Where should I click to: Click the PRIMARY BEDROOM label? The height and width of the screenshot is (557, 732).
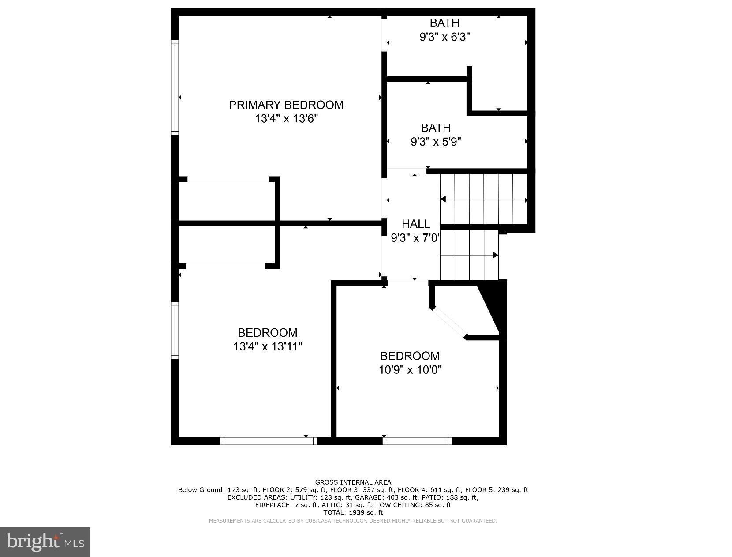286,105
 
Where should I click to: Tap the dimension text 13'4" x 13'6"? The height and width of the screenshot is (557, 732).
286,119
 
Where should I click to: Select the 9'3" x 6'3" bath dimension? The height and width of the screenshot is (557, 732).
444,37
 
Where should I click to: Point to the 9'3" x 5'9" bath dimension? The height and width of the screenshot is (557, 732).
436,142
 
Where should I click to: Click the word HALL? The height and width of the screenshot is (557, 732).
415,224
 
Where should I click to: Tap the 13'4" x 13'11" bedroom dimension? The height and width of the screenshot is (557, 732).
268,346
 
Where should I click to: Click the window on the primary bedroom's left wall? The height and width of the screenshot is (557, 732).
175,87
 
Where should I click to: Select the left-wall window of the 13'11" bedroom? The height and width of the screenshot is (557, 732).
175,330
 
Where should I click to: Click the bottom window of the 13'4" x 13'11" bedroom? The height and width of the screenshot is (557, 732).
268,440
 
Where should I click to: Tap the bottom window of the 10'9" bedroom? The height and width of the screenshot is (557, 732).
417,440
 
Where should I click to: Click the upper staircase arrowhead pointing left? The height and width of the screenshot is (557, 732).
443,199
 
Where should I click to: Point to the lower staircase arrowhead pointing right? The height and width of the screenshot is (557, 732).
495,255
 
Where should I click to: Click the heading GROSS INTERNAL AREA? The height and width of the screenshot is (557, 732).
353,482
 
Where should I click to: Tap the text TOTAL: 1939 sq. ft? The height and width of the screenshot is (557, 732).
353,512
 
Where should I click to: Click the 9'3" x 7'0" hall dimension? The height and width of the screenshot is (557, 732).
415,238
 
